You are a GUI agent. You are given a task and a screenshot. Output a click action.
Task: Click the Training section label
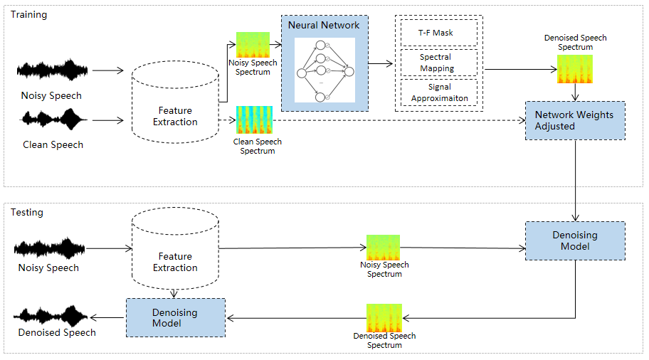click(28, 14)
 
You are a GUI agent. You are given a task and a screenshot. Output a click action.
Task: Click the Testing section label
click(27, 212)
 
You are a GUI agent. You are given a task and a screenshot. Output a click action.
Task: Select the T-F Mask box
click(436, 33)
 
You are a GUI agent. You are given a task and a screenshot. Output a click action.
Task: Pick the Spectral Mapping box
click(436, 63)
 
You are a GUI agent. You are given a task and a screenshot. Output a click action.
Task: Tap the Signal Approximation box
click(436, 92)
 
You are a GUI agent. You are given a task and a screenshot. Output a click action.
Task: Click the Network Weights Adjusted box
click(574, 120)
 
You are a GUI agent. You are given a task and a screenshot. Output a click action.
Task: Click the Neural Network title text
click(324, 25)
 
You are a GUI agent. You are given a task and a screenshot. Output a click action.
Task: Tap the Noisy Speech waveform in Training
click(53, 70)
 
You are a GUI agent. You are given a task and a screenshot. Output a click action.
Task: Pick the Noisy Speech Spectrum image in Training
click(253, 46)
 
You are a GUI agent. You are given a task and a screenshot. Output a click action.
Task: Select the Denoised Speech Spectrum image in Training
click(574, 69)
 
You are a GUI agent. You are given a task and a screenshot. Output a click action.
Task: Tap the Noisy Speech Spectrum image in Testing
click(383, 248)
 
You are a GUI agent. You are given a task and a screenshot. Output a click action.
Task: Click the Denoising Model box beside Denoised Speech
click(175, 317)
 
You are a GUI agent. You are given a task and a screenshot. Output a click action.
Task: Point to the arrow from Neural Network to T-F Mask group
click(381, 64)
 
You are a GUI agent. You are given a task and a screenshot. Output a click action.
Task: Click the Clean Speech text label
click(53, 144)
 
